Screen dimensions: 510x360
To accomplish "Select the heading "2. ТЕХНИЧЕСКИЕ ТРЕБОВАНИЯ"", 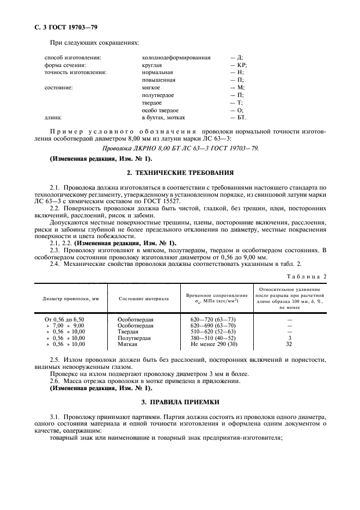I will (180, 173).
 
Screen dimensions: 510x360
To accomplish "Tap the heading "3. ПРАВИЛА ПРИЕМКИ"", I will (180, 402).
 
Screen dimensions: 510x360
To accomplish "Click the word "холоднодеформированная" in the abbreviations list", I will (176, 57).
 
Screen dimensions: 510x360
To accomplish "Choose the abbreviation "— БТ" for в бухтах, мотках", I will (237, 117).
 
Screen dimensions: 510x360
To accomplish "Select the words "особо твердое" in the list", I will (160, 110).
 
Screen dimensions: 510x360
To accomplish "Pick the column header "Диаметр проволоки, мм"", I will (70, 299).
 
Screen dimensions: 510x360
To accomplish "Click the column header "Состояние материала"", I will (144, 299).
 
